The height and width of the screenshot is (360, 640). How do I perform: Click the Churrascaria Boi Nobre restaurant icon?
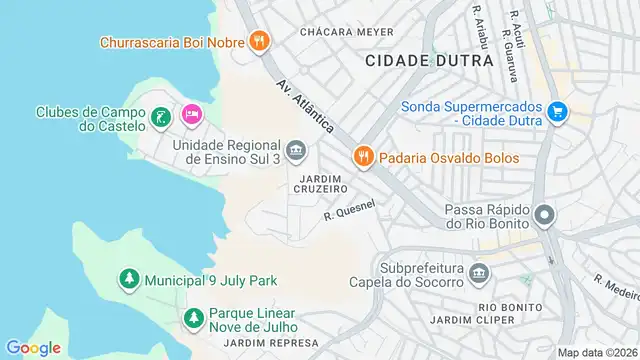[259, 41]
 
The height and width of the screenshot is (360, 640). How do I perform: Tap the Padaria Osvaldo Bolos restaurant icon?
[362, 157]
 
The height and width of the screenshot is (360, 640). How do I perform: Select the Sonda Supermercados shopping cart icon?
[558, 114]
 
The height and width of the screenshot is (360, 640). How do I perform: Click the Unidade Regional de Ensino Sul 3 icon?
[295, 152]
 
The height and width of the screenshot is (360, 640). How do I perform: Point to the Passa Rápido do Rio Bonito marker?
[545, 215]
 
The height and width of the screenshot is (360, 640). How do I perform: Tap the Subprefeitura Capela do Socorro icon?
[479, 273]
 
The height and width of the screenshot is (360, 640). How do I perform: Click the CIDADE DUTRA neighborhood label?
[429, 60]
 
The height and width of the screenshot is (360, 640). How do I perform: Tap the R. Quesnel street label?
[349, 210]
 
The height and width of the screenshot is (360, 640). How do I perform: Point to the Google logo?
[33, 347]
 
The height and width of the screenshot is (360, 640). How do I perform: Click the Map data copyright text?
[597, 352]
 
